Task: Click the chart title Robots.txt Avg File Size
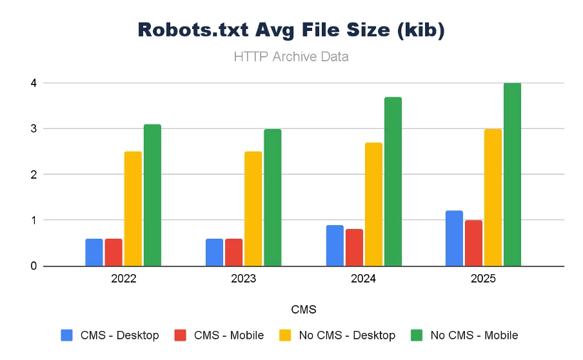click(291, 30)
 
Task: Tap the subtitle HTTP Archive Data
click(291, 57)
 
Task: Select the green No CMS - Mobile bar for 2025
click(512, 174)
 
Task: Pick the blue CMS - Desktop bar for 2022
click(94, 252)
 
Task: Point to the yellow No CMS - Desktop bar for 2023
click(253, 208)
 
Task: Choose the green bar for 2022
click(152, 195)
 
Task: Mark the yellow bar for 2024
click(373, 204)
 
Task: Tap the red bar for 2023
click(233, 252)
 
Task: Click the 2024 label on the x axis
click(364, 279)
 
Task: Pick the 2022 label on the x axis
click(123, 279)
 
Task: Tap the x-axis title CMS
click(304, 310)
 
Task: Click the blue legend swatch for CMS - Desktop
click(67, 335)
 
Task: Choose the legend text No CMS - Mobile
click(474, 335)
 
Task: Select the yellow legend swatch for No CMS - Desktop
click(285, 335)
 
